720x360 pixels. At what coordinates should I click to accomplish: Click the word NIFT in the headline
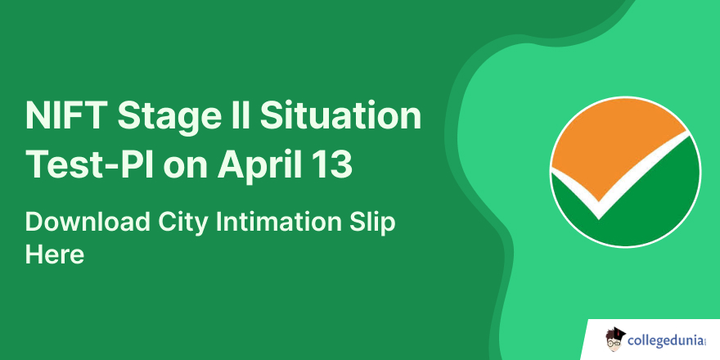pyautogui.click(x=64, y=115)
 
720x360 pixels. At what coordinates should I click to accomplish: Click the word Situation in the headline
pyautogui.click(x=340, y=115)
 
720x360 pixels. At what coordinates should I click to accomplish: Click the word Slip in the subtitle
pyautogui.click(x=373, y=224)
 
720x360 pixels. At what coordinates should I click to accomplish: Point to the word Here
pyautogui.click(x=55, y=254)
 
